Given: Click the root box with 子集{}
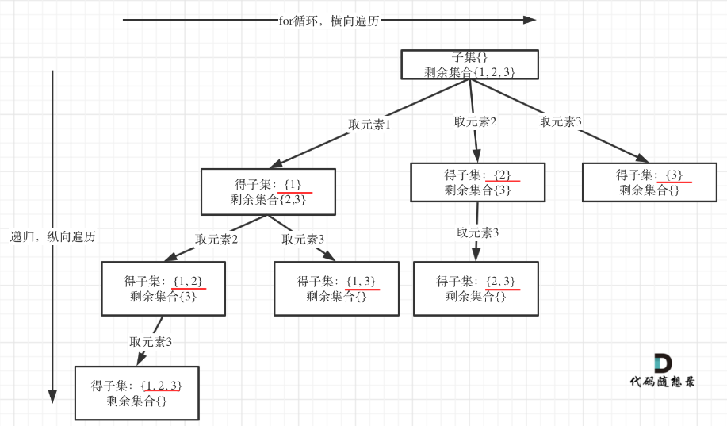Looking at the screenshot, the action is click(x=469, y=64).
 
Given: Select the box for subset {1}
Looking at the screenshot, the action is click(x=268, y=191).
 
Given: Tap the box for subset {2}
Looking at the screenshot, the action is click(x=477, y=182).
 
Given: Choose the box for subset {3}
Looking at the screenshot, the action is click(x=649, y=182).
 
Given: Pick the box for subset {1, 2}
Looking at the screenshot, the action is click(x=163, y=289).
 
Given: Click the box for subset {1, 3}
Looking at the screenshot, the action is click(x=336, y=289).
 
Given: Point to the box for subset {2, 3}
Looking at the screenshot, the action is click(x=476, y=289).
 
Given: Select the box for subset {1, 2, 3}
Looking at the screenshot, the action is click(x=137, y=393).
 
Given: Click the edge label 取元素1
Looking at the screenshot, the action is click(x=369, y=125).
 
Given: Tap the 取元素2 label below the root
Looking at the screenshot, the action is click(x=475, y=121).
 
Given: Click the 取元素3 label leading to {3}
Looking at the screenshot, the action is click(x=560, y=121).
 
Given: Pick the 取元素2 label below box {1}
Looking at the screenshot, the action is click(x=216, y=240).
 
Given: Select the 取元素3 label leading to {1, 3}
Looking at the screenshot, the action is click(x=303, y=240).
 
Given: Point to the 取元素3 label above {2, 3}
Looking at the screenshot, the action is click(x=477, y=232).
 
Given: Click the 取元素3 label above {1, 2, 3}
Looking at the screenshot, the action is click(x=151, y=342).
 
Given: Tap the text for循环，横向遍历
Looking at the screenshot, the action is click(x=329, y=21).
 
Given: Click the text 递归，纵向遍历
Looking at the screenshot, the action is click(x=53, y=236).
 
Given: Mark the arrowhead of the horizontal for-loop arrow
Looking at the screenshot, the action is click(x=530, y=20).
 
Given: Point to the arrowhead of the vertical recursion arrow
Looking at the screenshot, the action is click(x=52, y=397).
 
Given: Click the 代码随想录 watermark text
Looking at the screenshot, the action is click(x=662, y=382).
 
